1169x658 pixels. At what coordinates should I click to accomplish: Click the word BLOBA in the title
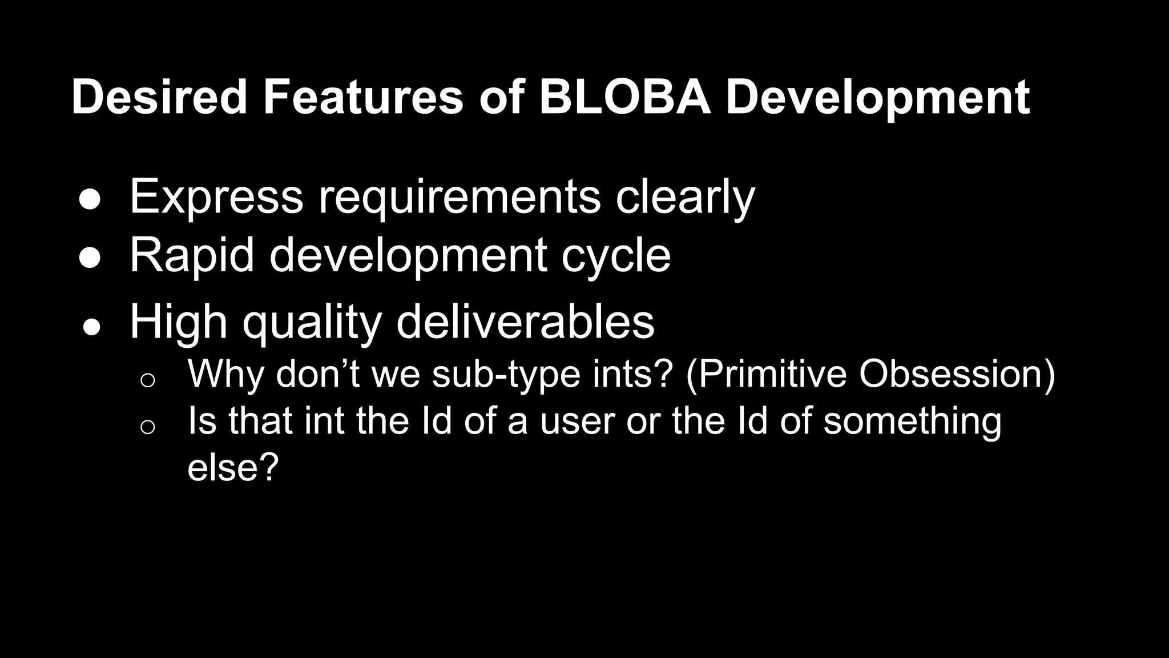click(x=625, y=97)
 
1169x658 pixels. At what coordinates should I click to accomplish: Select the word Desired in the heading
click(x=159, y=97)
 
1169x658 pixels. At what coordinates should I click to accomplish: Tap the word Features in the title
click(x=362, y=97)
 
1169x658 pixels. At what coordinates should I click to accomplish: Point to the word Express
click(x=216, y=197)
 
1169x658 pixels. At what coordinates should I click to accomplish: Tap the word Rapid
click(x=192, y=255)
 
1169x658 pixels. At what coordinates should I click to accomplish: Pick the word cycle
click(x=616, y=256)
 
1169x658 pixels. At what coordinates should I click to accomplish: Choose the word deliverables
click(x=525, y=322)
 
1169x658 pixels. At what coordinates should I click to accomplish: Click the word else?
click(x=233, y=467)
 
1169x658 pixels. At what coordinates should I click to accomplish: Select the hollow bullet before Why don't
click(x=147, y=380)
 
